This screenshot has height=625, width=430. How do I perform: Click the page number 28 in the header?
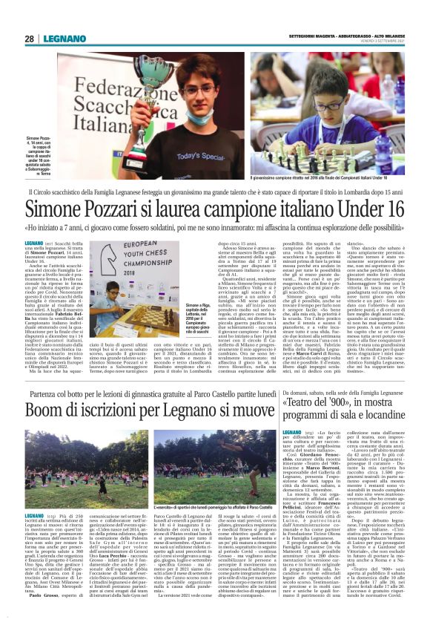point(29,39)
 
